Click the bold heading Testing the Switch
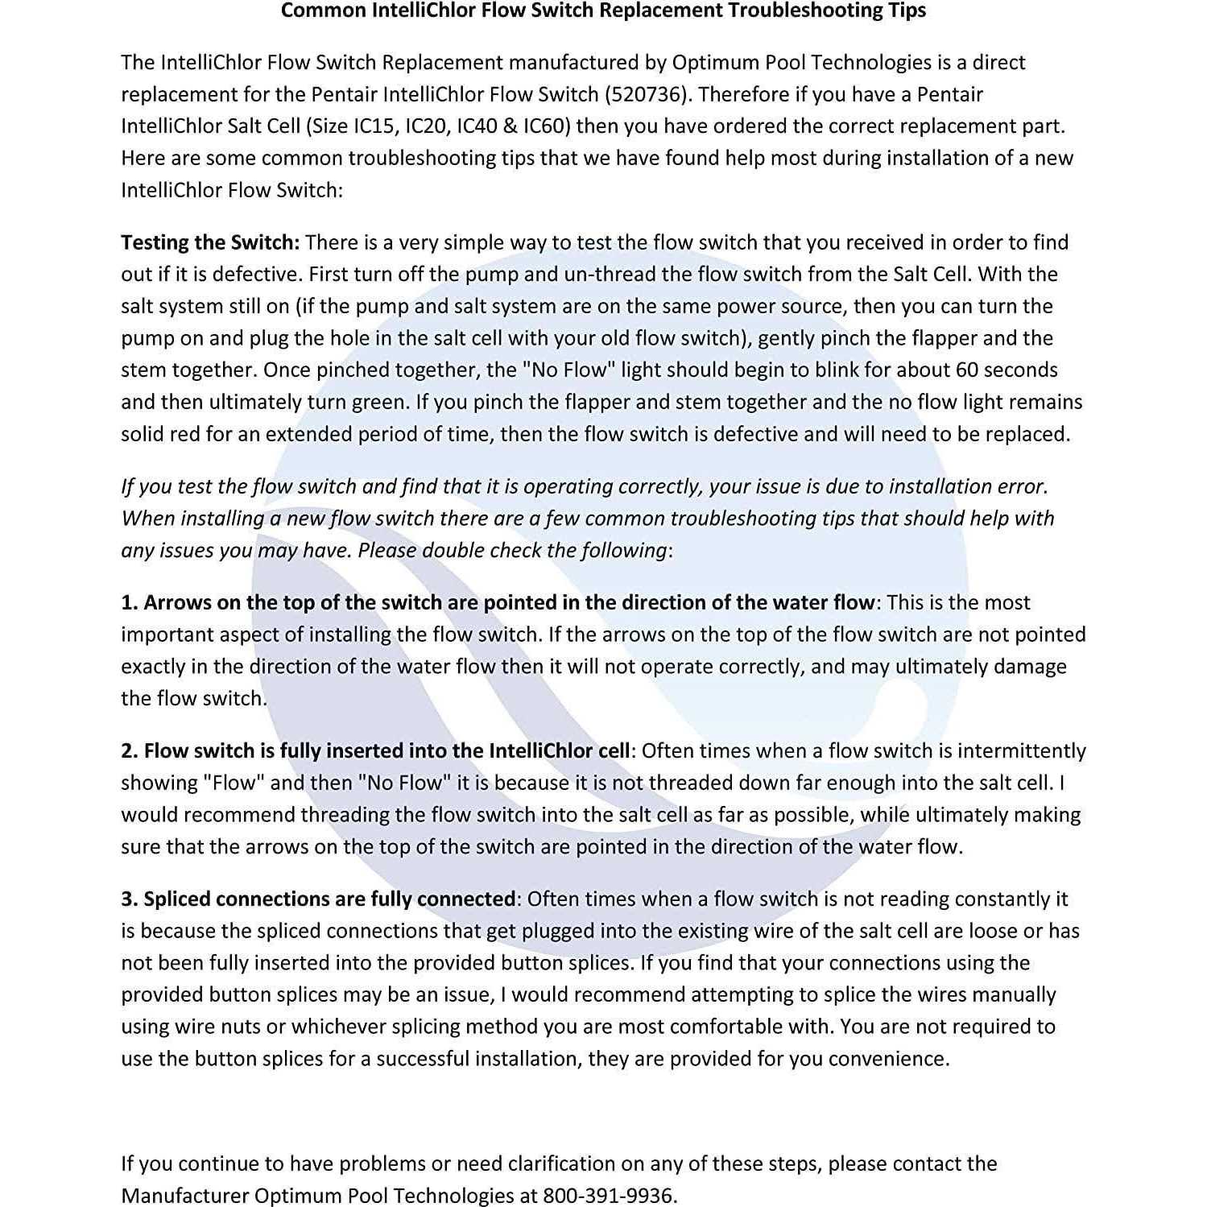pyautogui.click(x=209, y=242)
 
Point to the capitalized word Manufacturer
pyautogui.click(x=184, y=1196)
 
